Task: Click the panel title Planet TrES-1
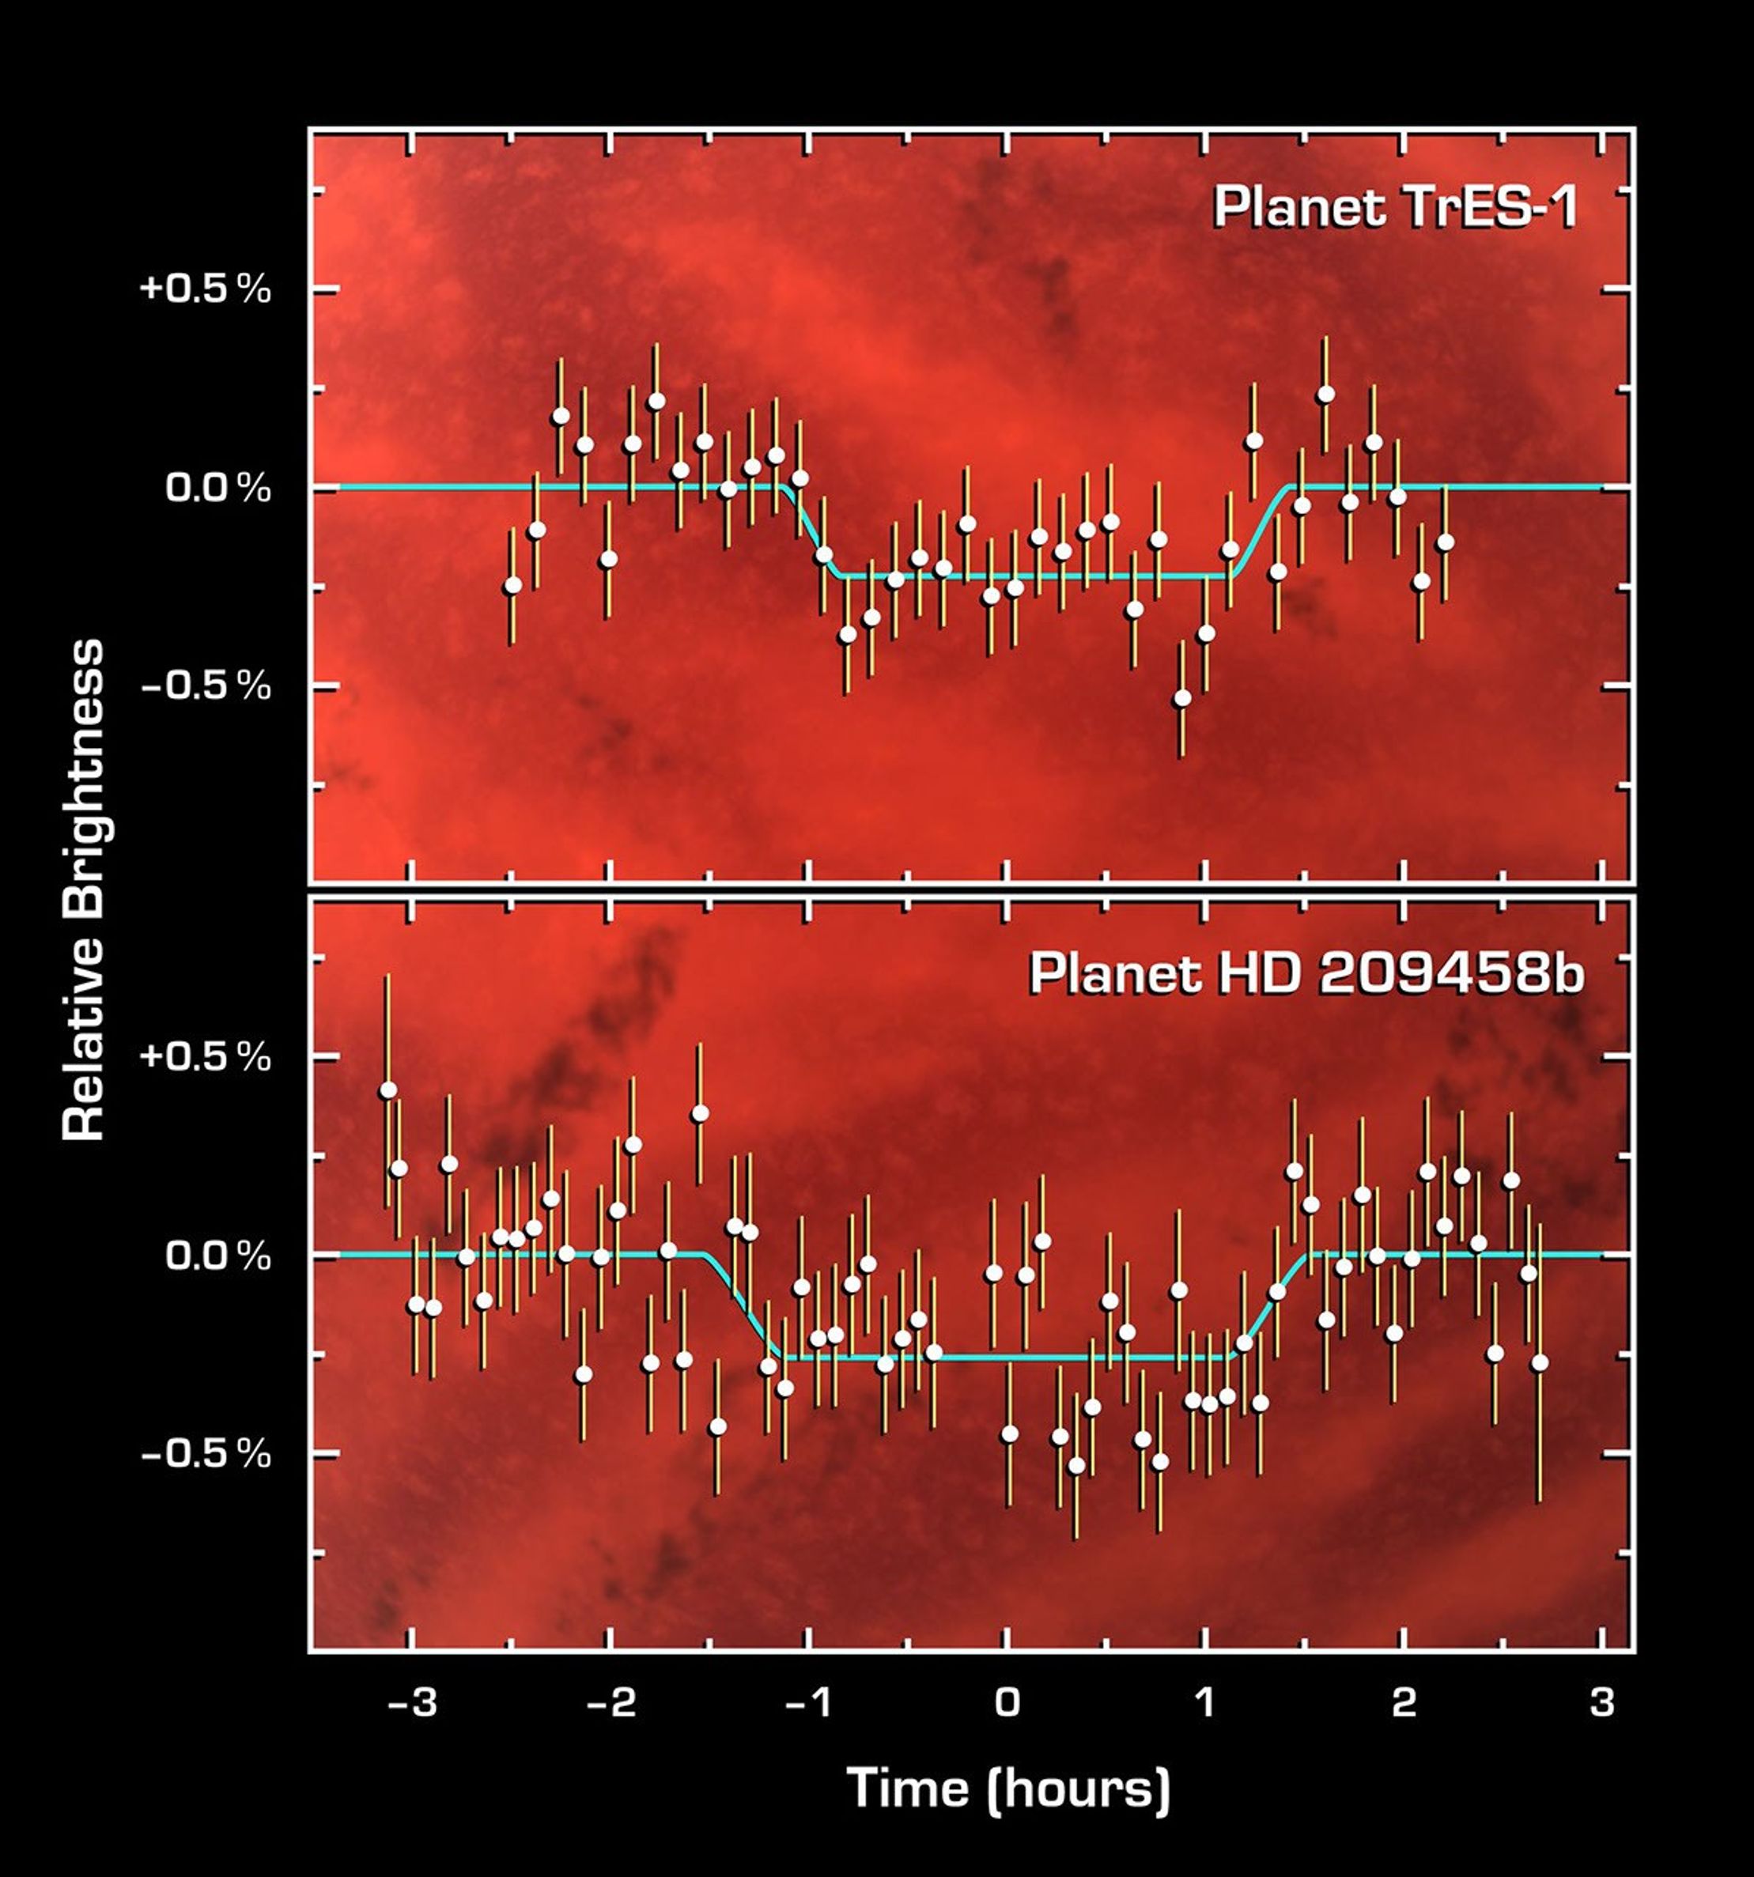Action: tap(1394, 208)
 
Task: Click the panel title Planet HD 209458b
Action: tap(1306, 973)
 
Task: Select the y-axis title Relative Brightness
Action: tap(83, 889)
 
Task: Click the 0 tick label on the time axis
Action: tap(1007, 1701)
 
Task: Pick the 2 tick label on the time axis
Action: tap(1404, 1701)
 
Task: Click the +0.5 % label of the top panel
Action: tap(206, 289)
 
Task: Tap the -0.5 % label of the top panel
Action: tap(206, 687)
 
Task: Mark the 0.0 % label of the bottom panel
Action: tap(218, 1256)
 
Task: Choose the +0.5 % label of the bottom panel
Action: tap(206, 1056)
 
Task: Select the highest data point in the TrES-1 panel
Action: tap(1325, 395)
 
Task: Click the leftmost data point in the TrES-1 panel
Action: tap(512, 585)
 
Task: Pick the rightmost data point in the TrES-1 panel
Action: tap(1444, 542)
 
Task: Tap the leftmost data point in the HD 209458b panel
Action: tap(387, 1090)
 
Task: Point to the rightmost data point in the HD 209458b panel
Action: tap(1540, 1362)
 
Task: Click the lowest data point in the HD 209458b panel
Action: tap(1075, 1465)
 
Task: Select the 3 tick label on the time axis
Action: tap(1602, 1701)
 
